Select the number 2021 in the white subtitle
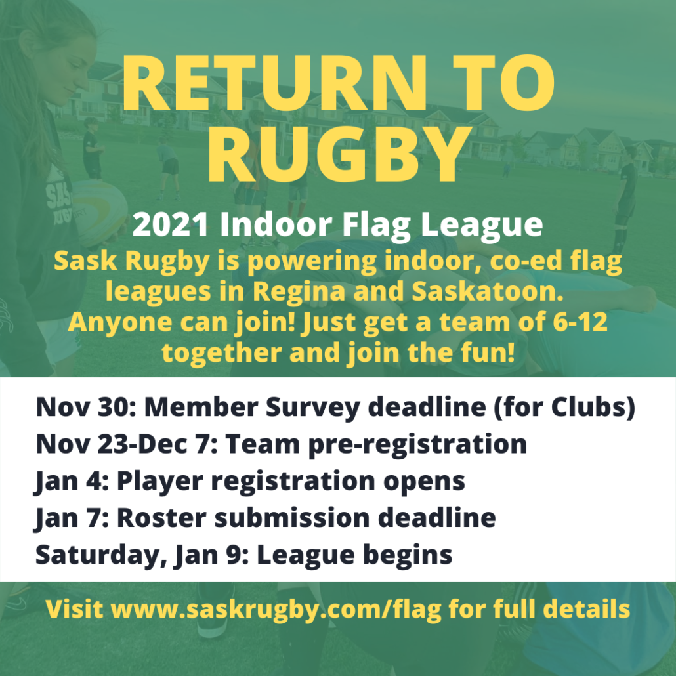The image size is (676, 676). (170, 224)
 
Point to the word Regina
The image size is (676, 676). (299, 291)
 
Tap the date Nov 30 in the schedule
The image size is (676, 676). (85, 407)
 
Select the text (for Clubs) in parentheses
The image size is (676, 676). (565, 408)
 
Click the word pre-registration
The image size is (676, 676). (417, 444)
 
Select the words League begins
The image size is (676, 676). (354, 555)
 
